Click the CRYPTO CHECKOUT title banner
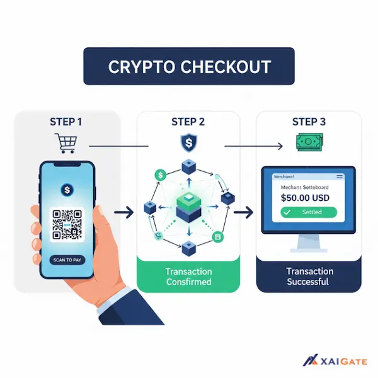(x=189, y=66)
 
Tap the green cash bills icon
(x=310, y=143)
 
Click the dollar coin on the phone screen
(x=66, y=189)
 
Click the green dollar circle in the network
(x=161, y=175)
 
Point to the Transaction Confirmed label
(x=188, y=277)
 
